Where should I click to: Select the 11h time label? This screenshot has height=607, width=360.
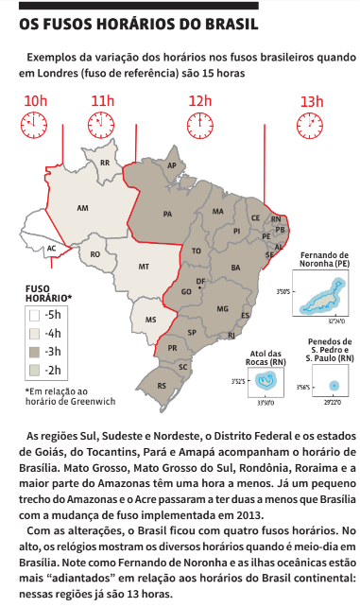tap(102, 101)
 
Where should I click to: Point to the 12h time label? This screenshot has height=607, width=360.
tap(200, 101)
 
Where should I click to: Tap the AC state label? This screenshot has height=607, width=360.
tap(52, 249)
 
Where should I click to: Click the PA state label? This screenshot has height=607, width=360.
tap(168, 215)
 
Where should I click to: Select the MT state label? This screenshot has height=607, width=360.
tap(145, 268)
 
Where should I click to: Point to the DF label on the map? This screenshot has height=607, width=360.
tap(200, 282)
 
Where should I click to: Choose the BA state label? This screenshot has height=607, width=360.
tap(234, 268)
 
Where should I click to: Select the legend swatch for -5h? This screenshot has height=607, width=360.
tap(33, 315)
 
